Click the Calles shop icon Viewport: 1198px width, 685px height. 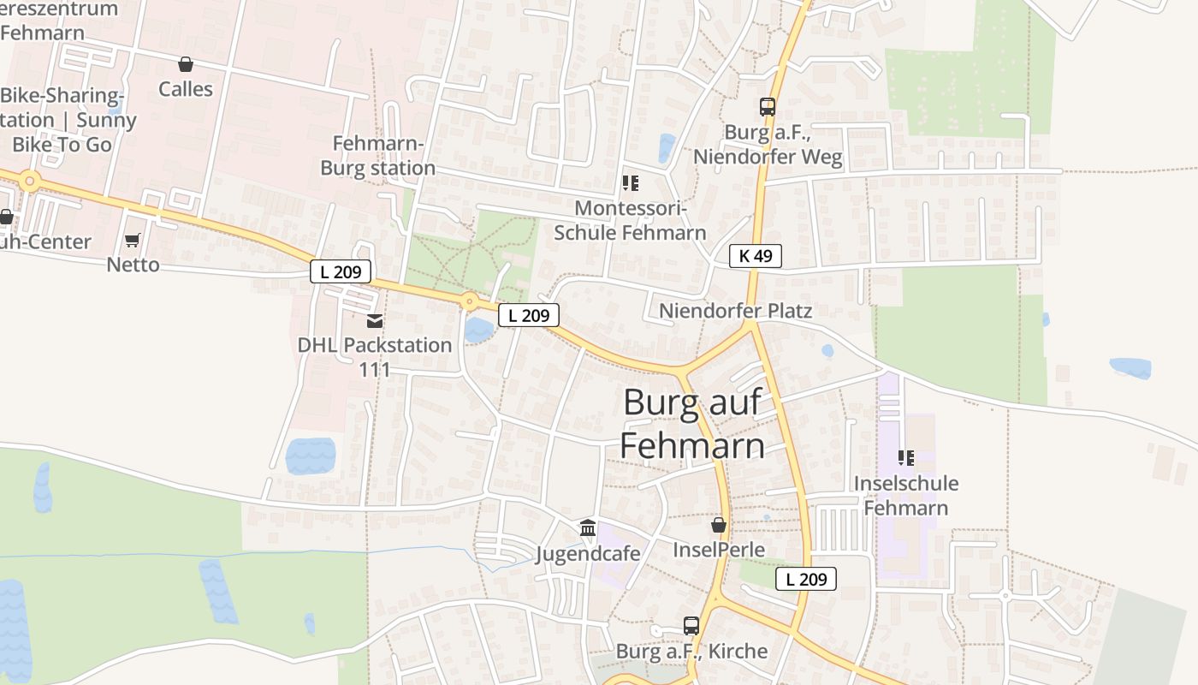[186, 64]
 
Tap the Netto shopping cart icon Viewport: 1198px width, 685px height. [133, 241]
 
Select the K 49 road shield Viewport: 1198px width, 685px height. [756, 255]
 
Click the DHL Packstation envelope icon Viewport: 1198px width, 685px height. [375, 321]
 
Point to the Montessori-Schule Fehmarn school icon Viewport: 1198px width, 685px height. [631, 183]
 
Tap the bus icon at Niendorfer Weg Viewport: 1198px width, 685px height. [768, 107]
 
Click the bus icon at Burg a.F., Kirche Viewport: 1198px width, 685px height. [691, 626]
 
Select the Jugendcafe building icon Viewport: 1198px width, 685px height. [588, 528]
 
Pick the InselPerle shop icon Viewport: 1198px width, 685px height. [719, 525]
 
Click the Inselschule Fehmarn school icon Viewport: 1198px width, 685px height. [906, 458]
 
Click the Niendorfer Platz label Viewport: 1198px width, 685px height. [735, 310]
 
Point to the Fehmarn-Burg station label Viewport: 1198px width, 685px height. [378, 156]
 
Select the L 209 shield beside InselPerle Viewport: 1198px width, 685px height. [806, 579]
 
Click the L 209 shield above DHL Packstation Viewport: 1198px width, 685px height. [341, 272]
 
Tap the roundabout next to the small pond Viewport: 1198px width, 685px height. [469, 301]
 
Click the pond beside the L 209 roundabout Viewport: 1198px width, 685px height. [478, 330]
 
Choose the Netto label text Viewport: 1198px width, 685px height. [133, 265]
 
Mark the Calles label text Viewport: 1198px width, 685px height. [186, 89]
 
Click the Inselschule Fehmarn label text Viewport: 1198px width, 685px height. [906, 496]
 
